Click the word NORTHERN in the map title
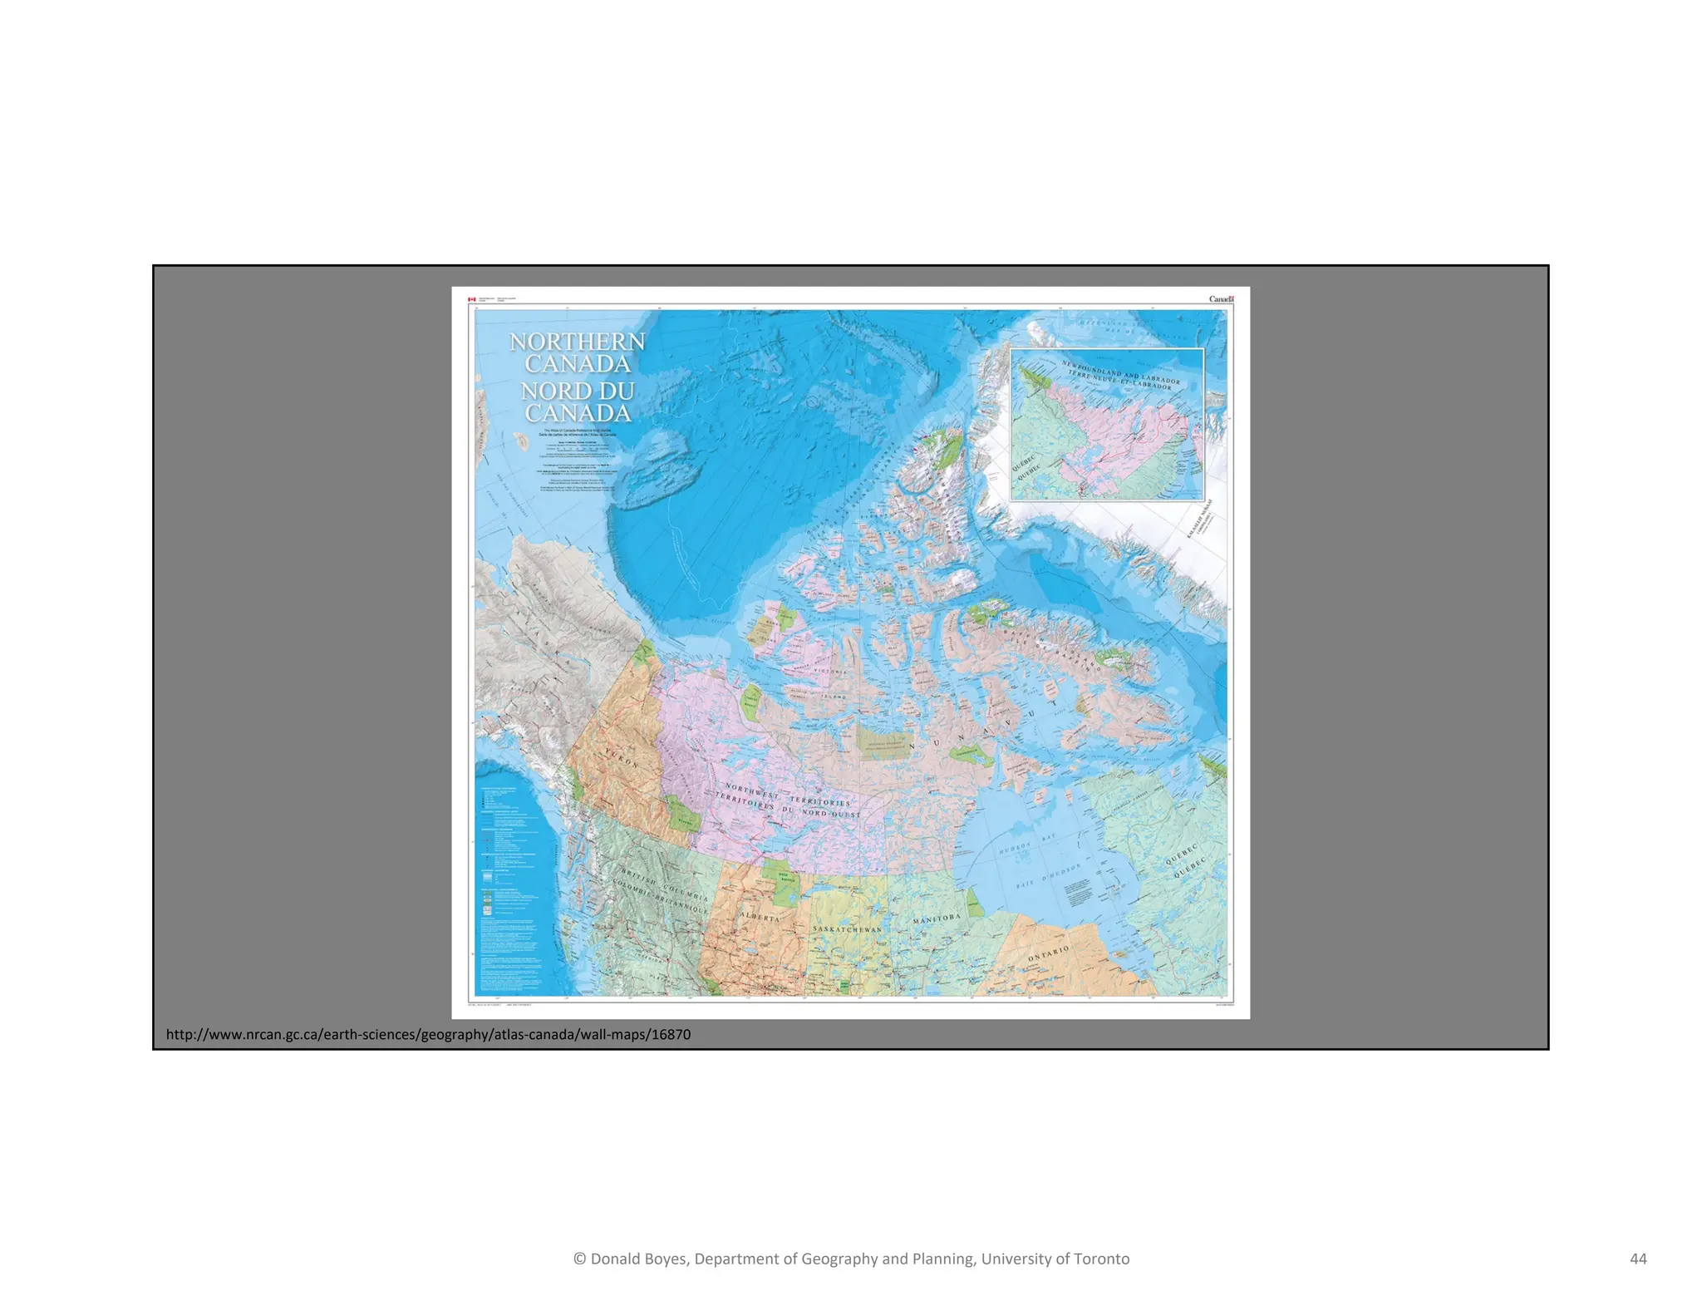tap(577, 342)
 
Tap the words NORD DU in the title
tap(578, 391)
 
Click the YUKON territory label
tap(621, 758)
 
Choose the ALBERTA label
tap(760, 918)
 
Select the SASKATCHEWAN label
tap(847, 929)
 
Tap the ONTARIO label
tap(1048, 953)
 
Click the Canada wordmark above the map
tap(1221, 299)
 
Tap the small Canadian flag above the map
tap(471, 299)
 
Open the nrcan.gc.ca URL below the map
tap(428, 1035)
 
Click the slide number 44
tap(1638, 1258)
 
